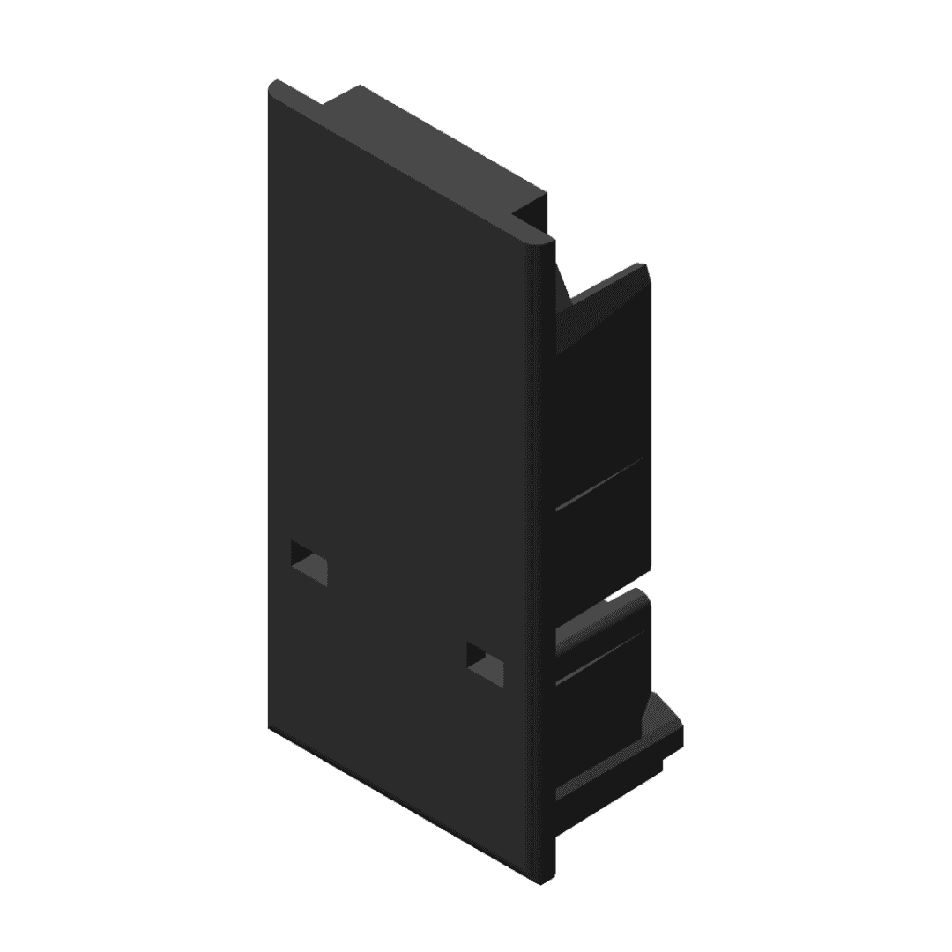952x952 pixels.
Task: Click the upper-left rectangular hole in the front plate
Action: point(309,562)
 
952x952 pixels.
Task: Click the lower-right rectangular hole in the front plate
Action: point(485,664)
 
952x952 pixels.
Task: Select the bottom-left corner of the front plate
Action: point(269,726)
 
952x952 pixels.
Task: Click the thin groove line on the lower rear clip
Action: point(599,657)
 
